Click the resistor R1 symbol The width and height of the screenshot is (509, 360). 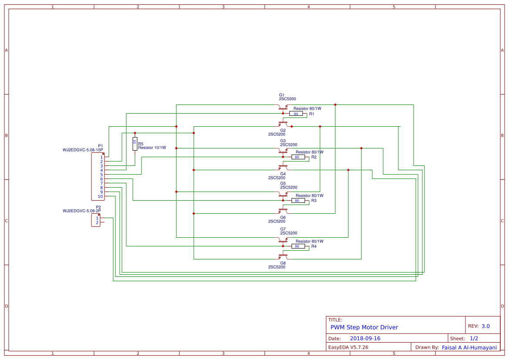296,114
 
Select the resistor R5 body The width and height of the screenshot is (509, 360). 135,144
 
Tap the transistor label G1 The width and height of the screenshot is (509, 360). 282,95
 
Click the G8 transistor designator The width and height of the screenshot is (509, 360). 283,263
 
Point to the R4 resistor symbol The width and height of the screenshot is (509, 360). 298,246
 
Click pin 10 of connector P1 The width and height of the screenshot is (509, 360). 101,196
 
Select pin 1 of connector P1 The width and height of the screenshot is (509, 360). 101,157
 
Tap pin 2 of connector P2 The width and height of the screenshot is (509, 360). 97,222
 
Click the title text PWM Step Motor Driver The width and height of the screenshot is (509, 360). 364,327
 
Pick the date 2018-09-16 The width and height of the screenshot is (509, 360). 365,338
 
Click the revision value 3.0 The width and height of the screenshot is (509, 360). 485,326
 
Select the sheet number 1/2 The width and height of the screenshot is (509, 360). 474,338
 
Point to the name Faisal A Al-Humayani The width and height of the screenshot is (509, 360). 469,347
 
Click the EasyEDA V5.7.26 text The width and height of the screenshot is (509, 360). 348,347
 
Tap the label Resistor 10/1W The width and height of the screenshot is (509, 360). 152,148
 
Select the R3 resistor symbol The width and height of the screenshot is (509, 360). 298,200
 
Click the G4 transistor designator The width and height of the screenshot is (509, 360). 283,174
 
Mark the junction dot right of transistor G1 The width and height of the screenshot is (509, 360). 335,104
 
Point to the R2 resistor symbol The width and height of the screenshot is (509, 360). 298,157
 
